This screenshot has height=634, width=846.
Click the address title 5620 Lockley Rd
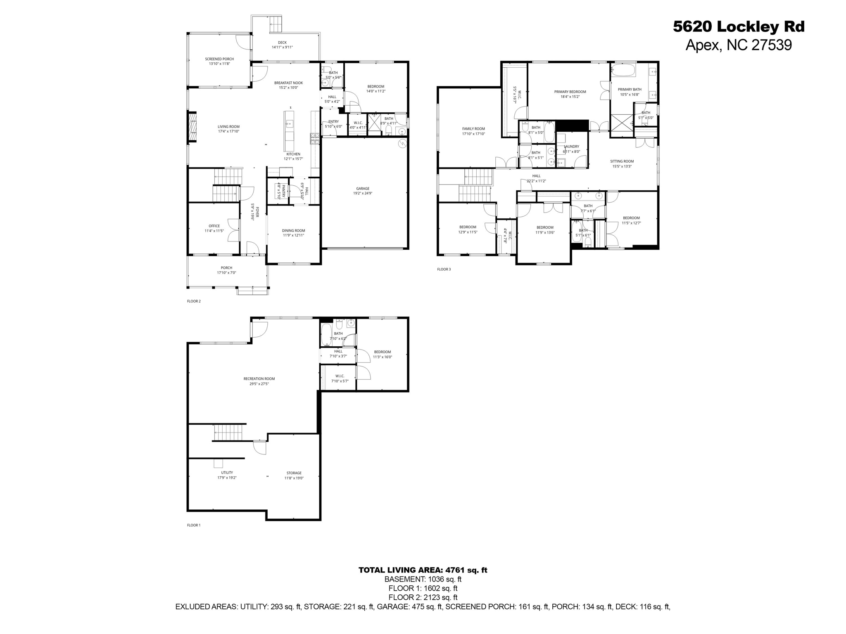(739, 27)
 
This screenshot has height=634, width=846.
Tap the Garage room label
(363, 188)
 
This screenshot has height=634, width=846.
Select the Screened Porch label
(219, 59)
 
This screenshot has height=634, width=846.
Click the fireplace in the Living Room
(192, 127)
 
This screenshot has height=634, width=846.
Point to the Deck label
(282, 43)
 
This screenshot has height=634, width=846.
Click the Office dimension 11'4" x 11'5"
(214, 231)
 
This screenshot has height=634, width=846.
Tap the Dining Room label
(293, 231)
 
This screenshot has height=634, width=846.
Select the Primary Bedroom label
(570, 92)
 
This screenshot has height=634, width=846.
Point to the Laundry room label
(571, 147)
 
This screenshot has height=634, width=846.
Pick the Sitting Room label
(622, 161)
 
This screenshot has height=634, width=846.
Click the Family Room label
(473, 129)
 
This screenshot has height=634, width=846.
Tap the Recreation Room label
(259, 379)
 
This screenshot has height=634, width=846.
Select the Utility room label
(227, 473)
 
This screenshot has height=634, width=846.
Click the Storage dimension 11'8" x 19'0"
(294, 478)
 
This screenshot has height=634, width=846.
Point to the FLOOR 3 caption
(444, 269)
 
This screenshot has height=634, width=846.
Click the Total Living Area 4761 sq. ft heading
(423, 570)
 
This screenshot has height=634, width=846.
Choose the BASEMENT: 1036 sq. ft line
(423, 579)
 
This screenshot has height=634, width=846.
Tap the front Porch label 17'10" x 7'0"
(226, 272)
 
